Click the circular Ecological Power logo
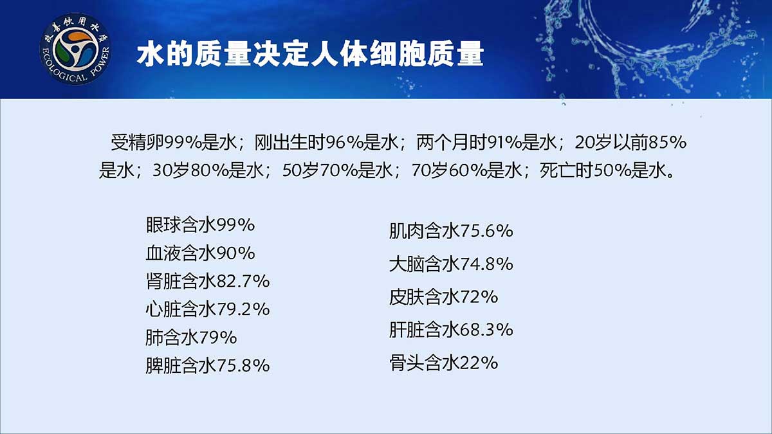tap(75, 50)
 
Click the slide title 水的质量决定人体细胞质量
tap(310, 55)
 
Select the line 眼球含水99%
tap(200, 225)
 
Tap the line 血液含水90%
tap(200, 253)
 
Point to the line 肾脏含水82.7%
tap(207, 282)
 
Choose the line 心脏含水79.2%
tap(207, 309)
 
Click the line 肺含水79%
tap(191, 338)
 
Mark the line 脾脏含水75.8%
tap(207, 365)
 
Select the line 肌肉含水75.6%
tap(451, 231)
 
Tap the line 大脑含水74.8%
tap(451, 264)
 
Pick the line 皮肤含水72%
tap(443, 297)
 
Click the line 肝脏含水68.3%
tap(451, 330)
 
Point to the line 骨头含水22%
tap(443, 363)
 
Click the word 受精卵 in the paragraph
tap(137, 143)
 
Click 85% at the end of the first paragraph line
tap(667, 143)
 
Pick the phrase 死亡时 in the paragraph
tap(566, 170)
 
